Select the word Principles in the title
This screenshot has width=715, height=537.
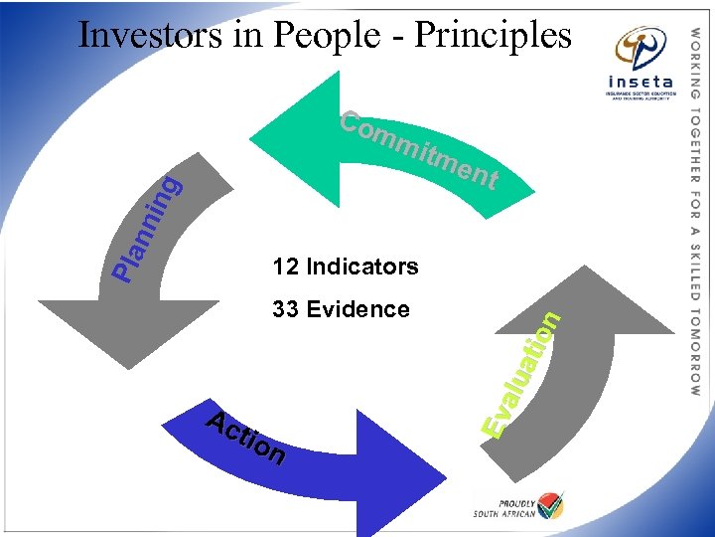coord(493,37)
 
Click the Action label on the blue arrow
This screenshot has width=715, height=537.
coord(246,439)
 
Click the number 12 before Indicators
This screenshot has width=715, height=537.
coord(286,267)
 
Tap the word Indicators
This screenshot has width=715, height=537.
coord(362,267)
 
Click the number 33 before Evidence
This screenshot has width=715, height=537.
coord(286,309)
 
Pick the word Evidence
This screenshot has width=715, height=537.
coord(357,309)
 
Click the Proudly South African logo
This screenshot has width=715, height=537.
coord(518,505)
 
